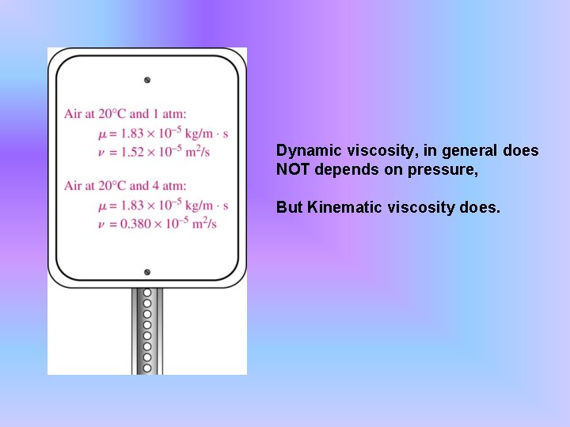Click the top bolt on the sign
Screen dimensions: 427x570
(147, 80)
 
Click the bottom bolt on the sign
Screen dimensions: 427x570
(147, 272)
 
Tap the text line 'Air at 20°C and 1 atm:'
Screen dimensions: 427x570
(126, 115)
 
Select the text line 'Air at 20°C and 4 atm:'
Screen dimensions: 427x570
(126, 186)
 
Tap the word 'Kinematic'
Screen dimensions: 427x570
(340, 207)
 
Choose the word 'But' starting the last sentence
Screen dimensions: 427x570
(289, 207)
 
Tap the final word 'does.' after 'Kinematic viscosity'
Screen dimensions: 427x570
(482, 207)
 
